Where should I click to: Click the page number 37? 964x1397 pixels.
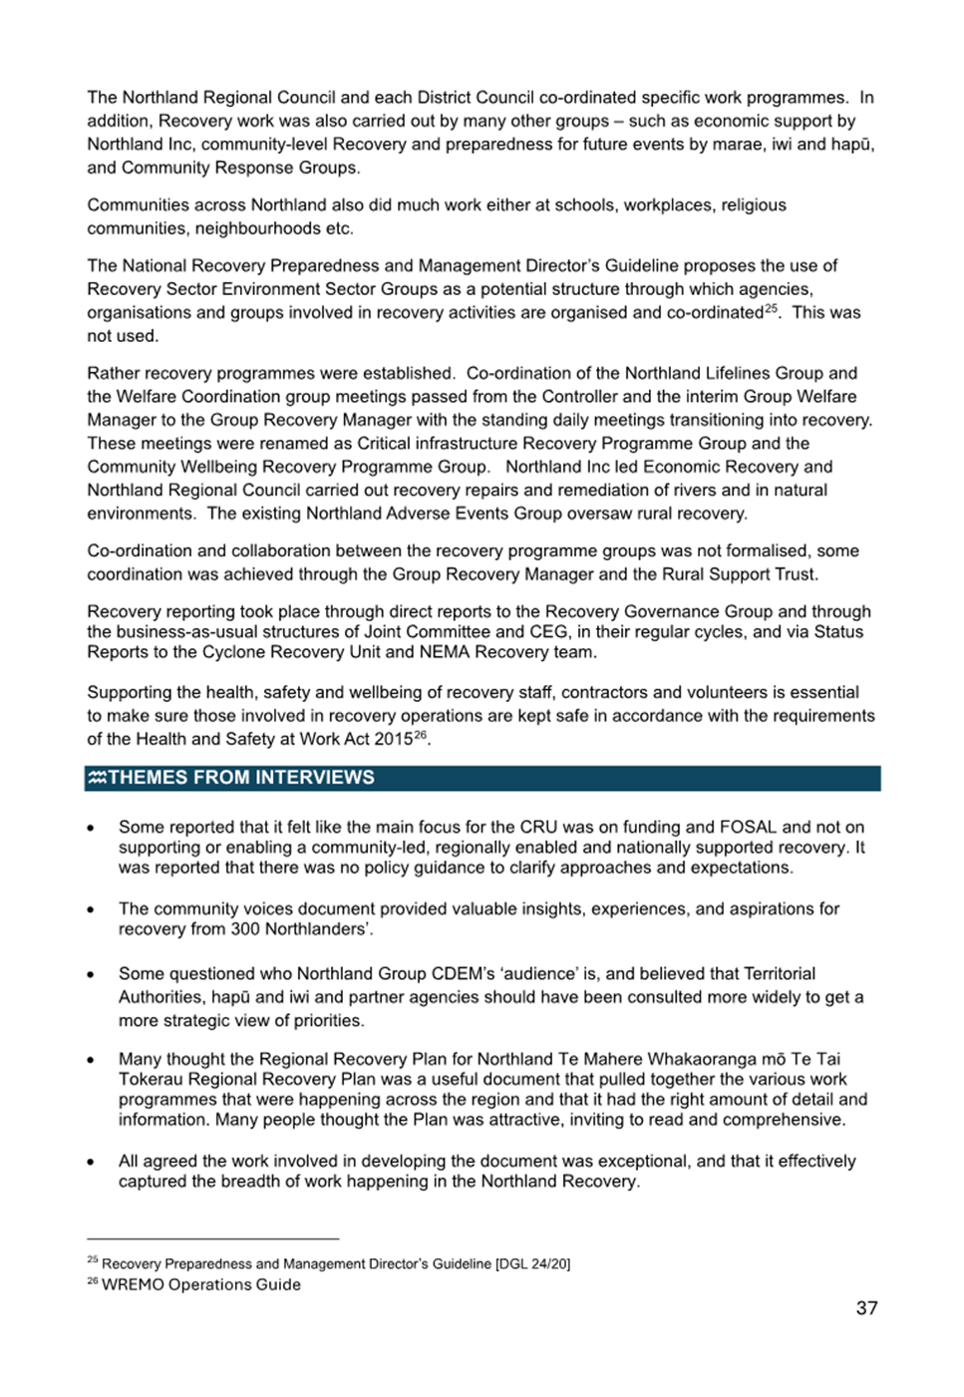click(866, 1308)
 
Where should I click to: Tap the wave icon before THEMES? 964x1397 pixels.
click(97, 778)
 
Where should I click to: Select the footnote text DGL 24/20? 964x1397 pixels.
click(534, 1264)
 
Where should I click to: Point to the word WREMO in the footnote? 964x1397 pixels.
click(133, 1285)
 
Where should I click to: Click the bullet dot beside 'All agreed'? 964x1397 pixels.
click(91, 1162)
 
